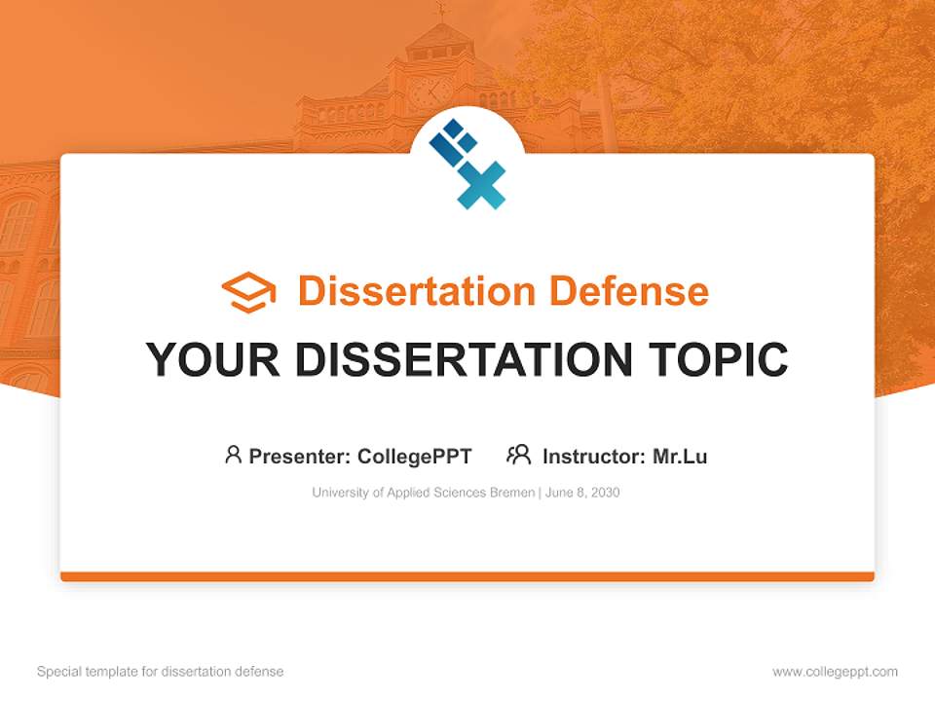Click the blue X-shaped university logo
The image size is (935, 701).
(x=467, y=164)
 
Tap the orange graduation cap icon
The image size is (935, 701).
(x=248, y=292)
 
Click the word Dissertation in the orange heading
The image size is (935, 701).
(x=416, y=291)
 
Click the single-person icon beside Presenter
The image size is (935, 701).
(x=233, y=455)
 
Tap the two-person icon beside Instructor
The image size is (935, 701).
(x=518, y=455)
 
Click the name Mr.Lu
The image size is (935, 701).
(x=680, y=457)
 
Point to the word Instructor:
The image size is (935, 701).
(x=593, y=457)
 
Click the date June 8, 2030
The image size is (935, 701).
(x=581, y=493)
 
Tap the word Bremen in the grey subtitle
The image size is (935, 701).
(x=510, y=493)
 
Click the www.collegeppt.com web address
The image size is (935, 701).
(x=835, y=672)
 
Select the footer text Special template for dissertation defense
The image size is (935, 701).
(x=161, y=672)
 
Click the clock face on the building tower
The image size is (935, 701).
(x=430, y=92)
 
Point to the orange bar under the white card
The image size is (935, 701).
(x=467, y=576)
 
